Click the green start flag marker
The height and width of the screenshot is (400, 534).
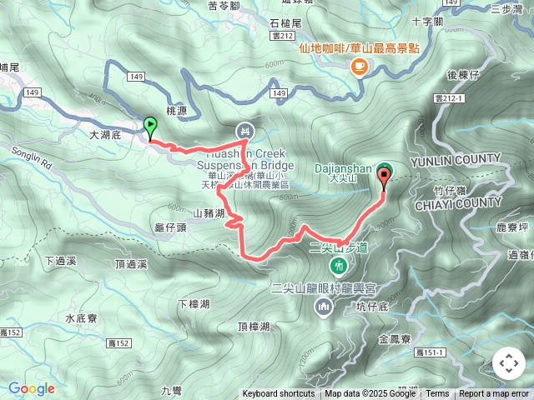[150, 127]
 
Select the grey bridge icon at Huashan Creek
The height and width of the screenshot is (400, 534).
[244, 131]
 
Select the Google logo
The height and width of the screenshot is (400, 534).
[31, 388]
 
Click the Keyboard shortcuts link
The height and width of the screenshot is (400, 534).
[279, 394]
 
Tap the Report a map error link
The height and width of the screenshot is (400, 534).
[494, 394]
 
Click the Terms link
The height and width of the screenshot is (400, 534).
[437, 394]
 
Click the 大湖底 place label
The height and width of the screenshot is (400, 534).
[105, 133]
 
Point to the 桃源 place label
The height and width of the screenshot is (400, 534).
[178, 110]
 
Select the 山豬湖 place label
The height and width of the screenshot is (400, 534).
[209, 213]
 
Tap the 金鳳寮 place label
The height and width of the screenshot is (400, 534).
[394, 339]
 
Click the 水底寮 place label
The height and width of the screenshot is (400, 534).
[82, 318]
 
